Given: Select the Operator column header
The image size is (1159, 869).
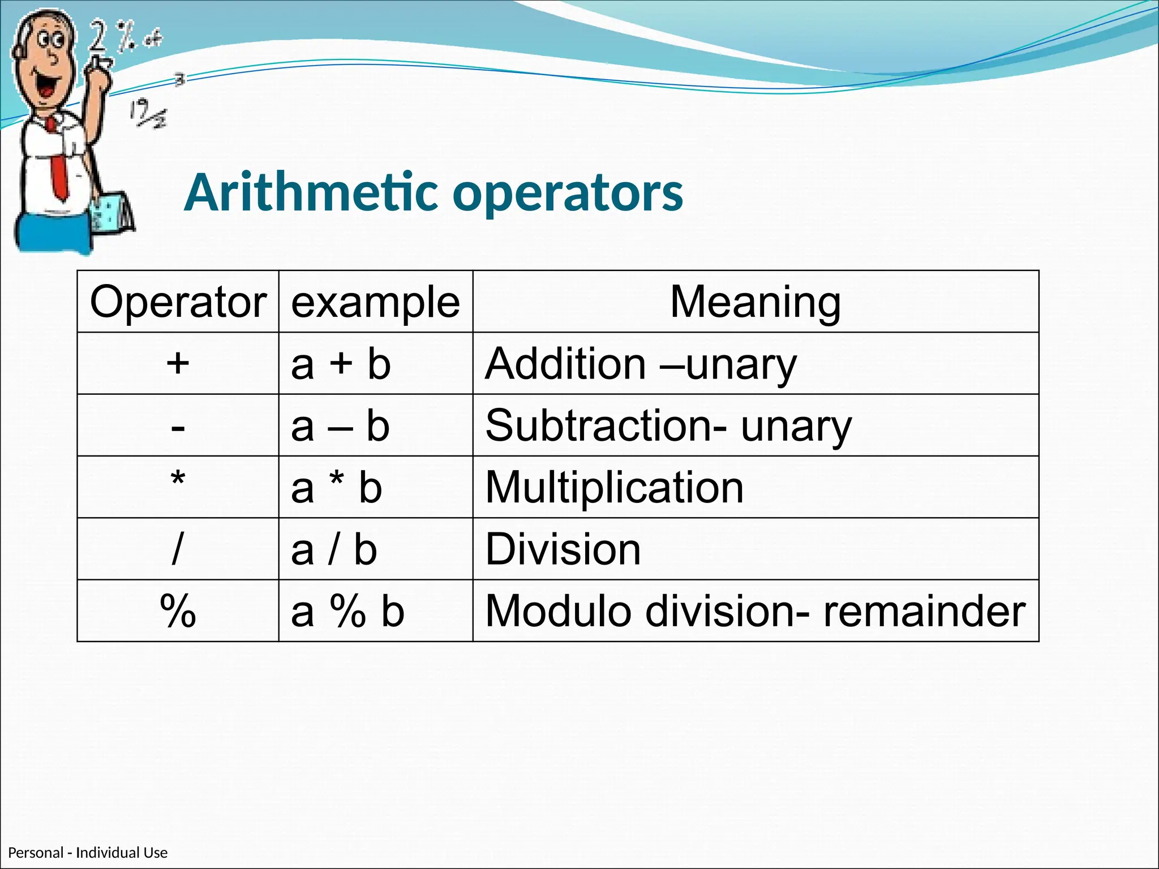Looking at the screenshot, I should point(178,302).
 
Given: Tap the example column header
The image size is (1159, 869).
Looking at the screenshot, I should point(375,302).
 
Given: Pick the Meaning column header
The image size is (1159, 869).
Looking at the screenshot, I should point(755,302).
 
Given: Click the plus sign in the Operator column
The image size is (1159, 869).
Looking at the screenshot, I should point(178,363).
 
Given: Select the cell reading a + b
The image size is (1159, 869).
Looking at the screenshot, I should point(341,364).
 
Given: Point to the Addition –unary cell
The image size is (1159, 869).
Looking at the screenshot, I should point(641,364).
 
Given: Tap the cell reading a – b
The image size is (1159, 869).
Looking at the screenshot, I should point(340,425).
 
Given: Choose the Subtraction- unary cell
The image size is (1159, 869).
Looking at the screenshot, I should point(668,425).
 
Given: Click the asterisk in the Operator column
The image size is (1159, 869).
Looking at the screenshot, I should point(178,481).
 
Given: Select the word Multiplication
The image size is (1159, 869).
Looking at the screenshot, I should point(614,488).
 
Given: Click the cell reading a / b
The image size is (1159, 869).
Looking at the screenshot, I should point(334,549).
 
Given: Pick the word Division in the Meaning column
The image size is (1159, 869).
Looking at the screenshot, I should point(563,549).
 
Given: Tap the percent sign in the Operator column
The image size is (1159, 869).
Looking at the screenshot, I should point(178,611).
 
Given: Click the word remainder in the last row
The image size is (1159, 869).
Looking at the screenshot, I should point(924,611).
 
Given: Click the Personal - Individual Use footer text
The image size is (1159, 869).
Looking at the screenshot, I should point(88,853).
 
